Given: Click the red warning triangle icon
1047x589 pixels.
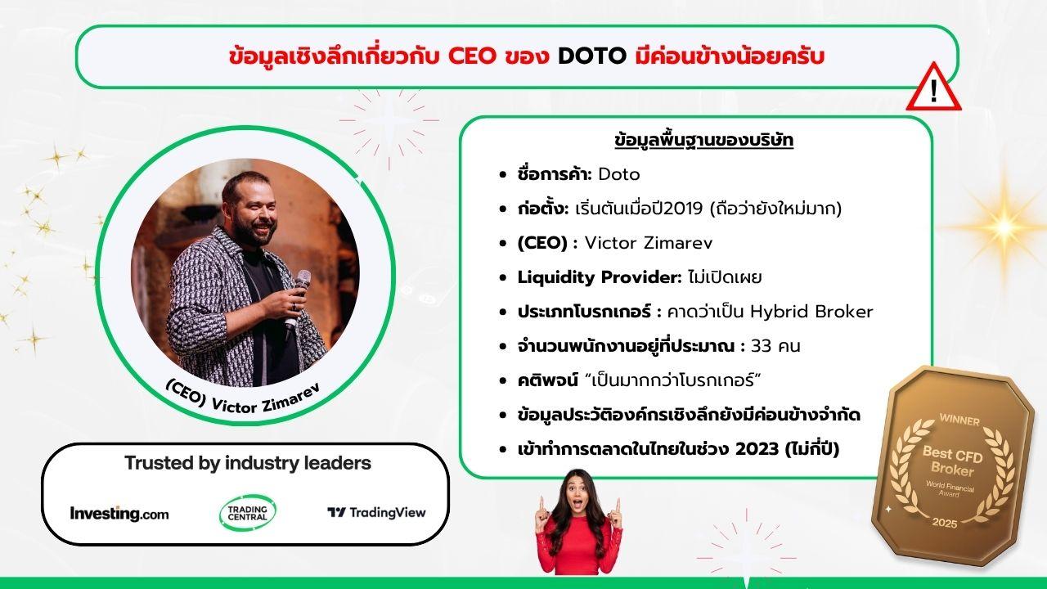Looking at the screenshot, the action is [933, 89].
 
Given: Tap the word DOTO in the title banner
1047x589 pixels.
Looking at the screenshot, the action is [592, 56].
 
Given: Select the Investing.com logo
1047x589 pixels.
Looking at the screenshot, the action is [119, 513].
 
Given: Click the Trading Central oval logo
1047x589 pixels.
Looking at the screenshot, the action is [248, 513].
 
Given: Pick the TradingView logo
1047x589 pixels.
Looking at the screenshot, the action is [377, 513].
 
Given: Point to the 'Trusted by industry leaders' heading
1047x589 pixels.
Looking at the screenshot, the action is [248, 463].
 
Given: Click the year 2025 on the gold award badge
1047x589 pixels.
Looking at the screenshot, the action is [945, 522].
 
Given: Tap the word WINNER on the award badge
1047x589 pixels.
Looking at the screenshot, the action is [959, 420].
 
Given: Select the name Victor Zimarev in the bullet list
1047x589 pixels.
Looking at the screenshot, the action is [649, 243].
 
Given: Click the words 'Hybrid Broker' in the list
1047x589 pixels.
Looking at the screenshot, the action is [811, 312].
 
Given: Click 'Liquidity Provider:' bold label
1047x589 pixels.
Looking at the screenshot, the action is [600, 277].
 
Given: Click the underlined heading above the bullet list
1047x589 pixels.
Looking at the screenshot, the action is [704, 141].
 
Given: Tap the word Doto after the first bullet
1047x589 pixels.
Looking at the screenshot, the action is [619, 174].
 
